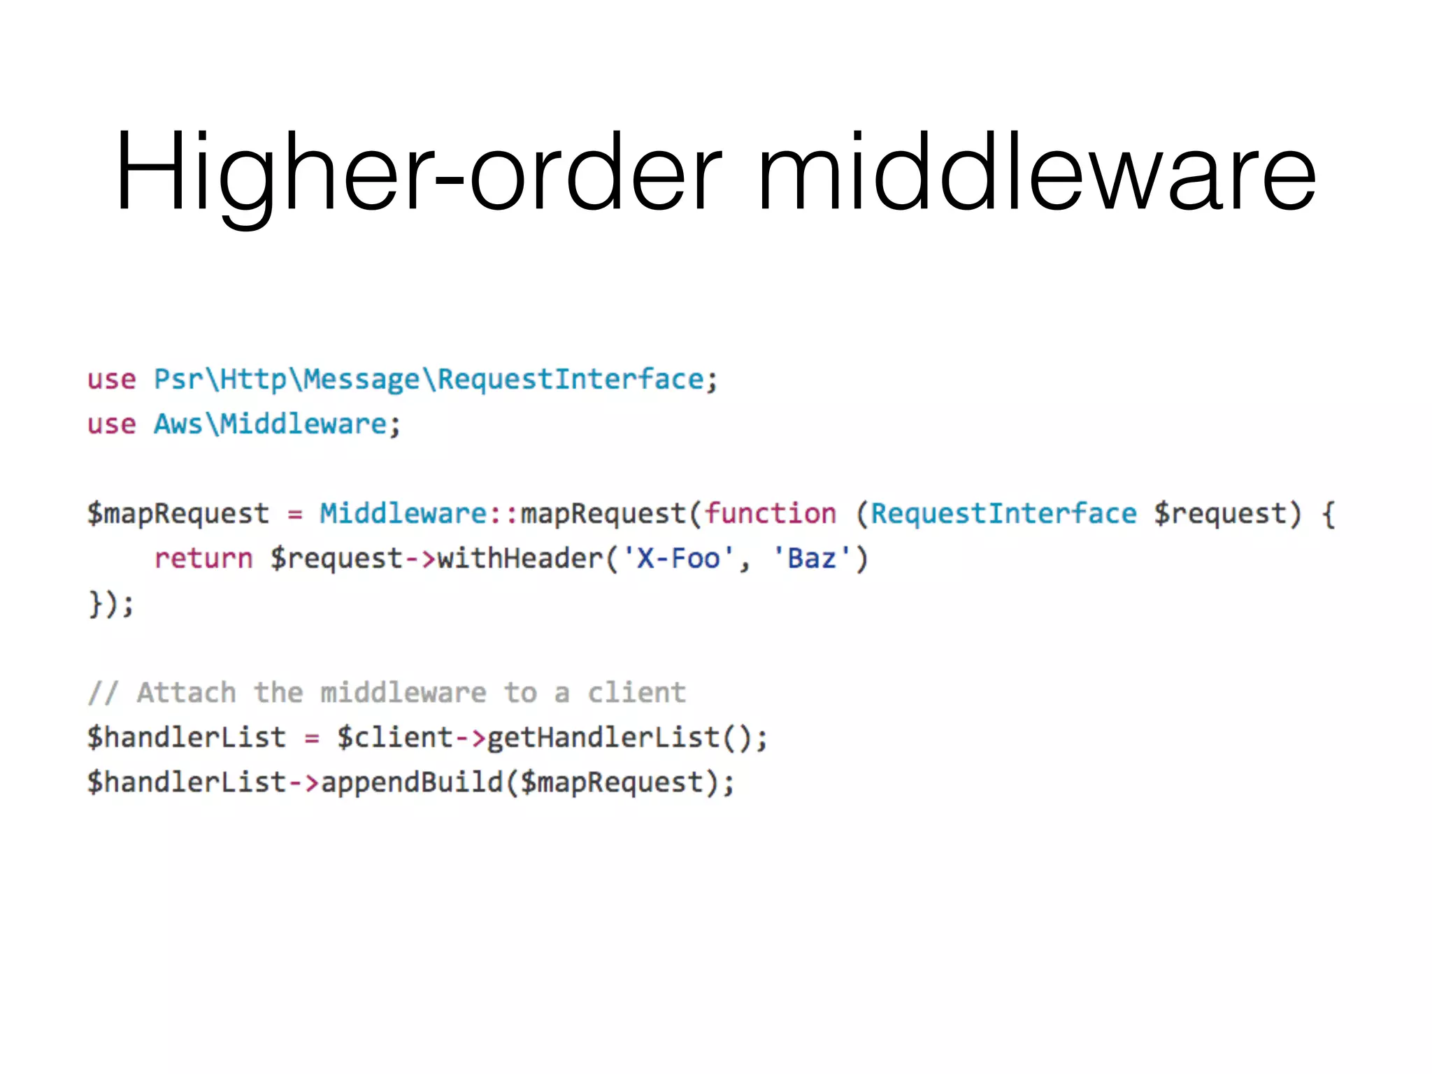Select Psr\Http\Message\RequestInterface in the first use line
pos(429,380)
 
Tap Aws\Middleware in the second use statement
pos(270,424)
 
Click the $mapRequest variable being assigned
pos(178,514)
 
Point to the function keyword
pos(770,514)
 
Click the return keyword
pos(203,559)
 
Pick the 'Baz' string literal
pos(811,559)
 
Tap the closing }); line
pos(110,603)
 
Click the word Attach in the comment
pos(186,693)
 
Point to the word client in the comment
pos(636,693)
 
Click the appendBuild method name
pos(412,782)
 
